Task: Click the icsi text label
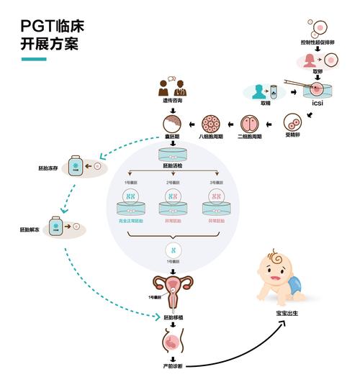(317, 102)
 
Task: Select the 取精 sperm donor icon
(261, 91)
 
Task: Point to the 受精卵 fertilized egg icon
(292, 120)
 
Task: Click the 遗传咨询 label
(172, 102)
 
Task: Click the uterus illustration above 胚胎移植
(172, 289)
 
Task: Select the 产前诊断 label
(173, 366)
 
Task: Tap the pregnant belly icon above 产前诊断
(172, 338)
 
